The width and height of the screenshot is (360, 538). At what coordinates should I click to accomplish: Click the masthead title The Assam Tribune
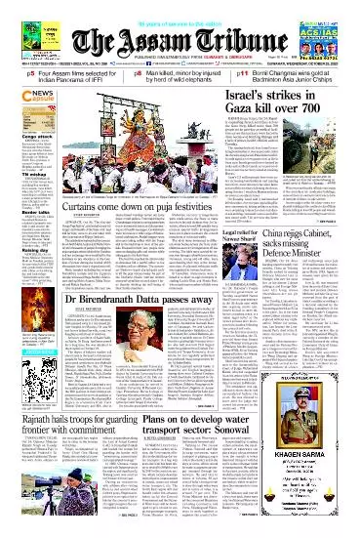click(x=180, y=37)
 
